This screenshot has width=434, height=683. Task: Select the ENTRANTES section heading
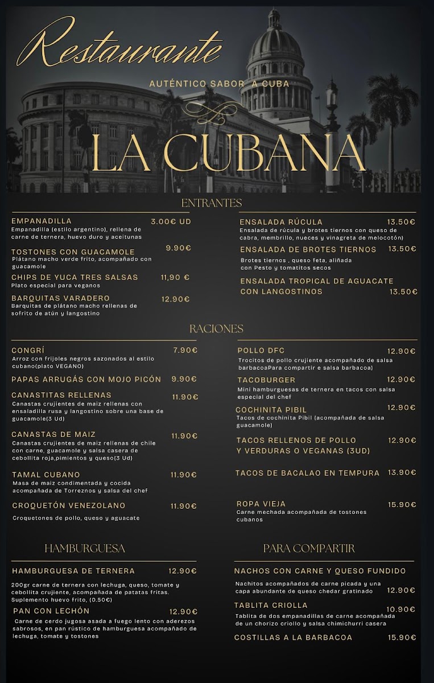[x=212, y=203]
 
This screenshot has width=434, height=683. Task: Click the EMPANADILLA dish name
[x=42, y=221]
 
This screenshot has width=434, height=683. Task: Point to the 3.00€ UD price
[x=171, y=221]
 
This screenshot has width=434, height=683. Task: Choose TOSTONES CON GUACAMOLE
[x=73, y=252]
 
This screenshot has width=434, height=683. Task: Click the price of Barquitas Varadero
[x=175, y=299]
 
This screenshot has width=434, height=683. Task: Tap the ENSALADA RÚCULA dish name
[x=281, y=222]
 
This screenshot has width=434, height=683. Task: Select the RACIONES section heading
[x=216, y=328]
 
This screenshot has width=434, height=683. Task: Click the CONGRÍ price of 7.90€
[x=185, y=350]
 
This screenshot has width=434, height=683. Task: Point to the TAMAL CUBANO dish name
[x=46, y=475]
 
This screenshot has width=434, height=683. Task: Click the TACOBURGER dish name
[x=266, y=380]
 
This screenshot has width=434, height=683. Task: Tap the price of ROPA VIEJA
[x=402, y=504]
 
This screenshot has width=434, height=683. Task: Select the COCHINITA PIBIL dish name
[x=271, y=410]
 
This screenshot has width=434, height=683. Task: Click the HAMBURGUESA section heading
[x=85, y=548]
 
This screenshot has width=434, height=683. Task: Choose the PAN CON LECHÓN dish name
[x=51, y=611]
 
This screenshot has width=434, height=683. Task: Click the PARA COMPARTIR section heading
[x=309, y=548]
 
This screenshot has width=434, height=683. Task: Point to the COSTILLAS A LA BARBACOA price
[x=402, y=637]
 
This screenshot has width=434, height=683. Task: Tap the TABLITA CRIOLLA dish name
[x=271, y=605]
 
